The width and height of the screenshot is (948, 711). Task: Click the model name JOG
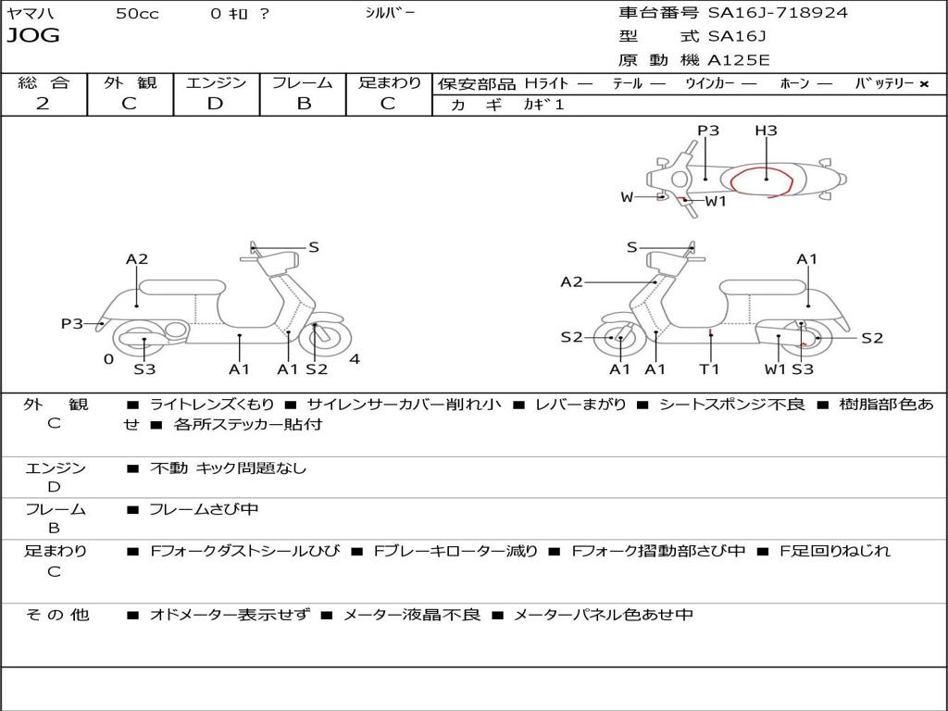coord(33,36)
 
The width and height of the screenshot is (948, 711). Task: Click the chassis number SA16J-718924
coord(778,13)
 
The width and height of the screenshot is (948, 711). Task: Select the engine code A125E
coord(739,61)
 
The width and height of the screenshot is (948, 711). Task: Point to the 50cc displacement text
coord(137,14)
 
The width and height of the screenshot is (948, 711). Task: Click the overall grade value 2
coord(43,104)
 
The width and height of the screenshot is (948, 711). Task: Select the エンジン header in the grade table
coord(216,82)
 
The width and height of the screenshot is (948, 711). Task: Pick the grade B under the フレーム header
coord(303,104)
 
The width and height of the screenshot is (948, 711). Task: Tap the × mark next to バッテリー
coord(923,83)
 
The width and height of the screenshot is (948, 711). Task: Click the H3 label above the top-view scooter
coord(766,131)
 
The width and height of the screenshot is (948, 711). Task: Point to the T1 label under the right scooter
coord(709,369)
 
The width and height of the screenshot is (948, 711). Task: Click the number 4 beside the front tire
coord(355,359)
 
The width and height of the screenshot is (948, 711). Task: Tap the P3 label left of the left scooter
coord(72,324)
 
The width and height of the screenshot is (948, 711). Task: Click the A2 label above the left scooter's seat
coord(137,259)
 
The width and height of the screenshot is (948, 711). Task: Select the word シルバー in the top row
coord(390,13)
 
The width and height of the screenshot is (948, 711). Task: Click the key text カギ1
coord(543,105)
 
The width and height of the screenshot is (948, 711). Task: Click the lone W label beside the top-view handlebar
coord(627,197)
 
